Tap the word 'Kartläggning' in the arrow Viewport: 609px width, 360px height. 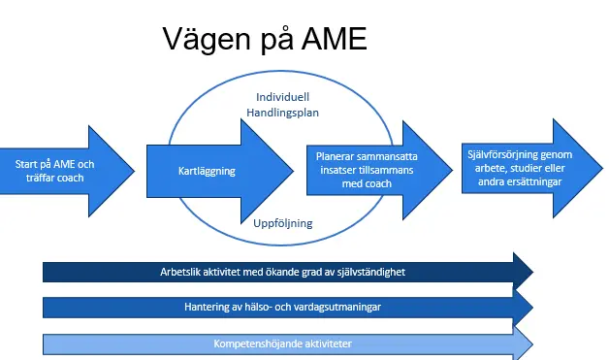[208, 172]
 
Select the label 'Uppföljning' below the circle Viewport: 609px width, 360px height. [282, 223]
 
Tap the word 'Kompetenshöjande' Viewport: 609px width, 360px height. [254, 344]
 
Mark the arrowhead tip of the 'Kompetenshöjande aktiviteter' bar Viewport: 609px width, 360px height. [532, 343]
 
